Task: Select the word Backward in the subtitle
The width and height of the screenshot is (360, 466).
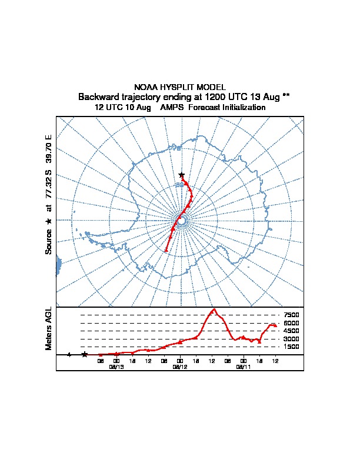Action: [98, 96]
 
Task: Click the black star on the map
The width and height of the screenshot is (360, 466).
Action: [182, 175]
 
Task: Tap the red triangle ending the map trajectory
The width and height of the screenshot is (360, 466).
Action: [166, 250]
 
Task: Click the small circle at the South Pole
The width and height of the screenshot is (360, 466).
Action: [182, 221]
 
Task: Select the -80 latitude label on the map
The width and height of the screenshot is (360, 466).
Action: [179, 185]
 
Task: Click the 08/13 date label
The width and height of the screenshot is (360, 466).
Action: [116, 366]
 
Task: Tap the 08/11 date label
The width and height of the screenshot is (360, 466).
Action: [244, 366]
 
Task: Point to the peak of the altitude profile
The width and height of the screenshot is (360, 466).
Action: [214, 309]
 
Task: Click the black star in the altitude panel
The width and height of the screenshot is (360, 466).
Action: [85, 354]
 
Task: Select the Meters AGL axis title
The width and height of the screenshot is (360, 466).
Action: [49, 328]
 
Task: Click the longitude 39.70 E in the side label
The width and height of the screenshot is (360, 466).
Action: [49, 149]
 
